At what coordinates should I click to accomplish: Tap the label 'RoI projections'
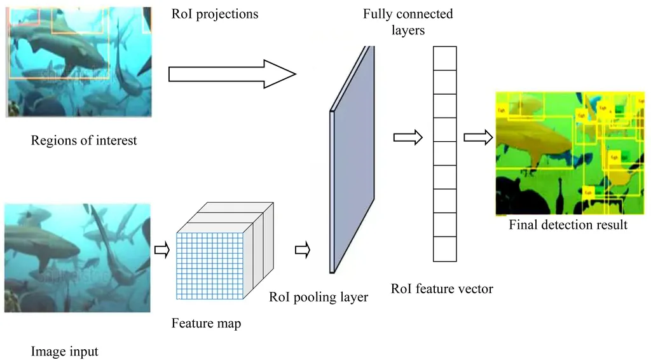[215, 13]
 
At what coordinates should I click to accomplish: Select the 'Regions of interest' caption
[84, 141]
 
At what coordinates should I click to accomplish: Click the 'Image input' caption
[64, 351]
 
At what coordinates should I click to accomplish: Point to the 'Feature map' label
[206, 324]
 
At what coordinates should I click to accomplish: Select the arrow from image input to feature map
[162, 251]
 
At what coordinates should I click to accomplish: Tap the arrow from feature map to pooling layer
[302, 251]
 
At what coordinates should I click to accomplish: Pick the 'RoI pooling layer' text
[319, 297]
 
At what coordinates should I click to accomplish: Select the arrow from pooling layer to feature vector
[408, 137]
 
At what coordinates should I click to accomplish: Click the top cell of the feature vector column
[445, 58]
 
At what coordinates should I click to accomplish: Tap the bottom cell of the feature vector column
[445, 249]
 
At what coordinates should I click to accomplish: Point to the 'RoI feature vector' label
[442, 289]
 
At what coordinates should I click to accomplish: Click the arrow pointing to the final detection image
[478, 137]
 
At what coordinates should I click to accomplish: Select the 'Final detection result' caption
[568, 225]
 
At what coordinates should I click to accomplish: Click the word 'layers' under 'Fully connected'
[408, 30]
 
